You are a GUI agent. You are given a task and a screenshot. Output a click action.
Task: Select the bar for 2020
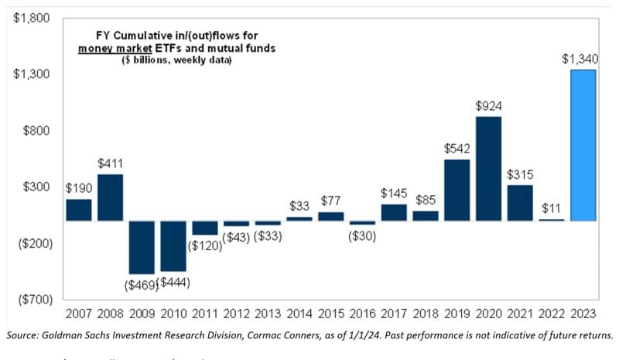click(488, 169)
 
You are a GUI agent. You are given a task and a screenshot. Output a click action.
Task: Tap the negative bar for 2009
click(142, 247)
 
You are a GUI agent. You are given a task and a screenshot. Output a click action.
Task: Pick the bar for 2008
click(110, 197)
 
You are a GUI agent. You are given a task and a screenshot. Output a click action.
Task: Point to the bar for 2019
click(457, 190)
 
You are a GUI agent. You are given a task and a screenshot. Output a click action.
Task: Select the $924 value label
click(488, 106)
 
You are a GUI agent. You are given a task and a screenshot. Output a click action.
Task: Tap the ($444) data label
click(174, 283)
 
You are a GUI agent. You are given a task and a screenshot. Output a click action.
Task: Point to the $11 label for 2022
click(552, 208)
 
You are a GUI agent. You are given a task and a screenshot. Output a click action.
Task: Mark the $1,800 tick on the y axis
click(29, 18)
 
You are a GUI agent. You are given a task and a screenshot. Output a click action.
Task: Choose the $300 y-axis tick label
click(34, 187)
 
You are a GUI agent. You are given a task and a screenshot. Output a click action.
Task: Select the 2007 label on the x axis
click(78, 314)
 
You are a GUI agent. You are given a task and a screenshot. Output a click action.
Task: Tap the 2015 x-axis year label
click(330, 314)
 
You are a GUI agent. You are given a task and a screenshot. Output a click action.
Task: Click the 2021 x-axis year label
click(520, 314)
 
